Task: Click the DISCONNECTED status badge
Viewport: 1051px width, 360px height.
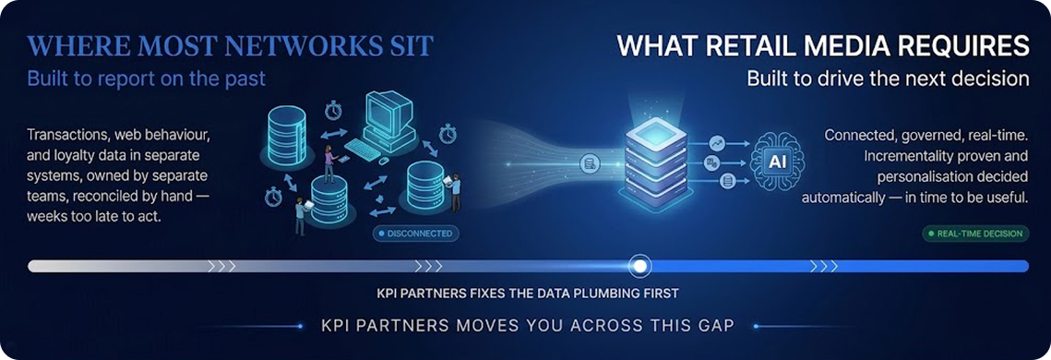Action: pos(415,234)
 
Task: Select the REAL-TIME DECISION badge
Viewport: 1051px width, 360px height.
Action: pos(975,234)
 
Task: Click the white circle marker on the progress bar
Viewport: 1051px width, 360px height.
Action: pos(640,266)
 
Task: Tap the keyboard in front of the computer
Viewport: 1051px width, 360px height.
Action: pos(363,149)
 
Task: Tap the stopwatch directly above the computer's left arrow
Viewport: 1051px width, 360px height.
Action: pos(333,110)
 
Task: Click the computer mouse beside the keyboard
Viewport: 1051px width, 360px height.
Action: pos(384,161)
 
